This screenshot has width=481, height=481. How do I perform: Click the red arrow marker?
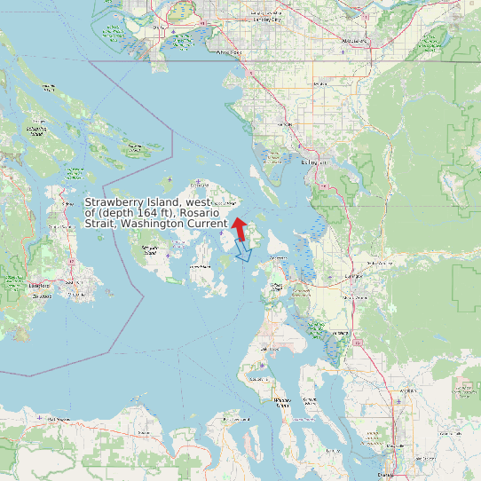coord(238,226)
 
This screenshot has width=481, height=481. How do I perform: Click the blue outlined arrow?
coord(243,253)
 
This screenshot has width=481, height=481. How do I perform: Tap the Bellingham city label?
coord(314,163)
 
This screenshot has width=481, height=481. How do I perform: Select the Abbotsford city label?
coord(355,41)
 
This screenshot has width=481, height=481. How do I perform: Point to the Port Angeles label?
coord(59,418)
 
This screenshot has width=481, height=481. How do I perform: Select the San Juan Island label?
coord(151,251)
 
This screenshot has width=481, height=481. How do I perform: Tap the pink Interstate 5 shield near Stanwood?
coord(358,341)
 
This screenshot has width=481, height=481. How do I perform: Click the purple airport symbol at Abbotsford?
coord(344,51)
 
